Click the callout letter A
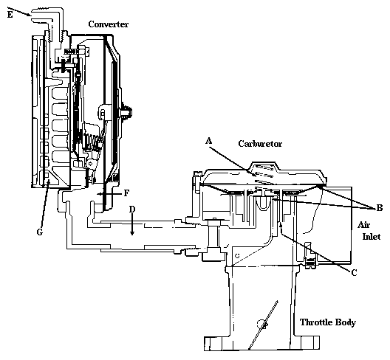coord(209,141)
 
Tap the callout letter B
coord(380,207)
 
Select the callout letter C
coord(355,272)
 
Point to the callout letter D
coord(132,210)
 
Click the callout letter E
coord(10,15)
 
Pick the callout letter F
coord(126,193)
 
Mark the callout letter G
coord(40,232)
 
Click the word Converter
coord(109,24)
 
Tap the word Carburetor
coord(260,144)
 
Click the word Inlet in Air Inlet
coord(372,236)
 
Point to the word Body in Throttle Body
coord(346,322)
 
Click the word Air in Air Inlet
coord(363,225)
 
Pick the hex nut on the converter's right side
coord(126,111)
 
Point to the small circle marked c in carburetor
coord(238,256)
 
